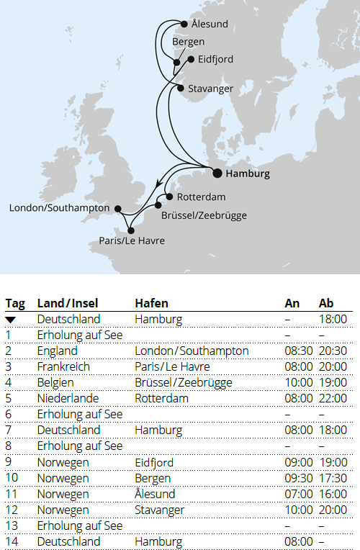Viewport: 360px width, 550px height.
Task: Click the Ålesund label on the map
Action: tap(210, 24)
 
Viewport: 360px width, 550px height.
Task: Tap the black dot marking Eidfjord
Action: tap(191, 60)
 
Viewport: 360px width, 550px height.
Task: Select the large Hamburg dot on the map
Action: tap(217, 173)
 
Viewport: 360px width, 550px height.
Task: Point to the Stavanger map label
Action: tap(210, 89)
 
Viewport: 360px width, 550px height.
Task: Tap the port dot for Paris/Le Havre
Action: tap(130, 230)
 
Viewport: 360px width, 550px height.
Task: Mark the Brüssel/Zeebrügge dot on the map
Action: tap(158, 205)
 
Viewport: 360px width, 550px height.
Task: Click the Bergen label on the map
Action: tap(189, 42)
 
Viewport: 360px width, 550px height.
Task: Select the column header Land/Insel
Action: tap(68, 303)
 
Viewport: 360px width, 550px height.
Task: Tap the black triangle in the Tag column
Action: tap(11, 320)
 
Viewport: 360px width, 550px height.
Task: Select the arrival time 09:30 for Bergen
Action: tap(298, 478)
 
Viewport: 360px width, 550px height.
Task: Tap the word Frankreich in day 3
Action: tap(63, 366)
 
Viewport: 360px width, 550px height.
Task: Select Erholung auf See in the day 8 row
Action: tap(80, 446)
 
